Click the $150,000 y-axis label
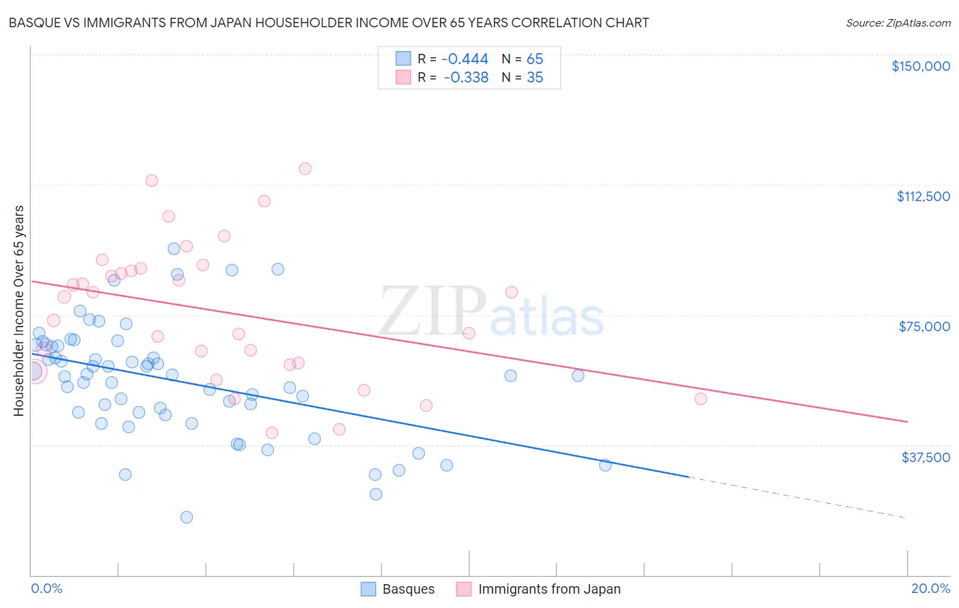click(920, 66)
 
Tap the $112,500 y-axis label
click(923, 196)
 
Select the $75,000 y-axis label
click(924, 326)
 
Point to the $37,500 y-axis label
click(926, 457)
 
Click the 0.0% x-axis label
click(47, 588)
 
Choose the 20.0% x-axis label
click(930, 588)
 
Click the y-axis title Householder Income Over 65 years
click(18, 310)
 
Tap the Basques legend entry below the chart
click(408, 589)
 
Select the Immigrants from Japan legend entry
click(549, 589)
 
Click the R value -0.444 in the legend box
click(465, 59)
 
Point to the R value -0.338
click(466, 78)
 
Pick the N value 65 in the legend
click(535, 59)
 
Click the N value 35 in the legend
click(535, 78)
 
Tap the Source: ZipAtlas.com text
click(898, 23)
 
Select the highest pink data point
click(305, 168)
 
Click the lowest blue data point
click(186, 517)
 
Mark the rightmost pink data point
click(700, 399)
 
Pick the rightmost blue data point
click(605, 465)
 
